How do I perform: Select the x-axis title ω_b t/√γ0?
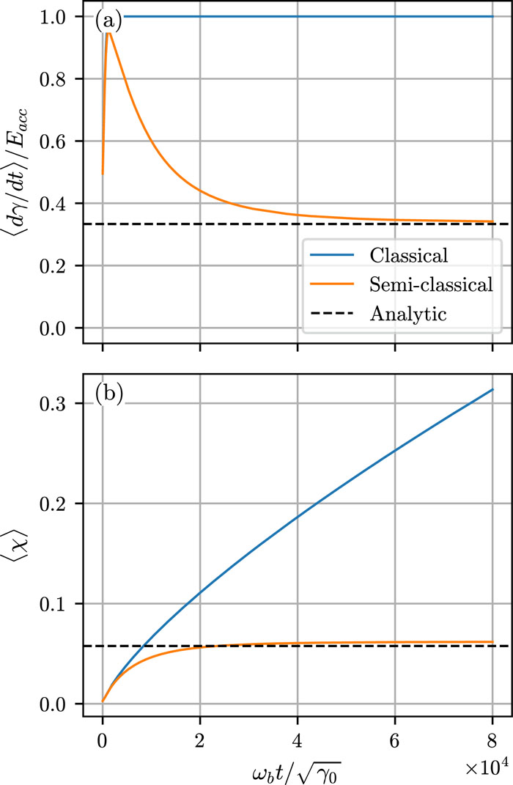click(x=298, y=764)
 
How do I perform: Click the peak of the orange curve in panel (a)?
click(x=110, y=32)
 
